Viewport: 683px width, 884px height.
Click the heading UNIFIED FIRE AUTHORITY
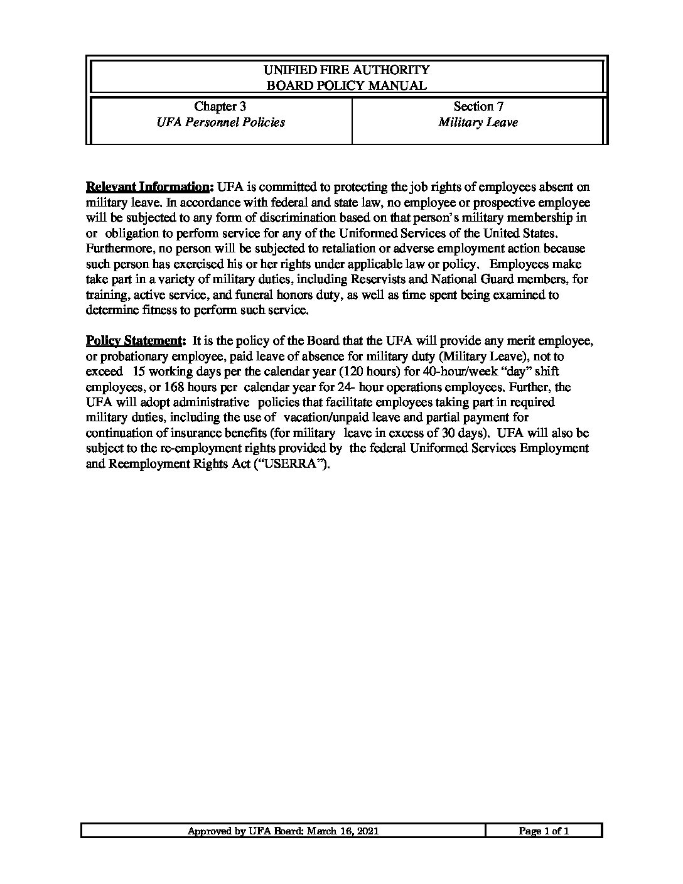347,70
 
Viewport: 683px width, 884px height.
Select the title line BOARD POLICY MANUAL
347,85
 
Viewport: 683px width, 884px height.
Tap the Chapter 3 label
220,107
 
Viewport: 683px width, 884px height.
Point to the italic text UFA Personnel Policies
220,122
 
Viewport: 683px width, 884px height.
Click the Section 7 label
478,107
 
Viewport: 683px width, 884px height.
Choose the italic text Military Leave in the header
478,122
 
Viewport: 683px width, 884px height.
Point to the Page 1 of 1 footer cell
544,831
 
